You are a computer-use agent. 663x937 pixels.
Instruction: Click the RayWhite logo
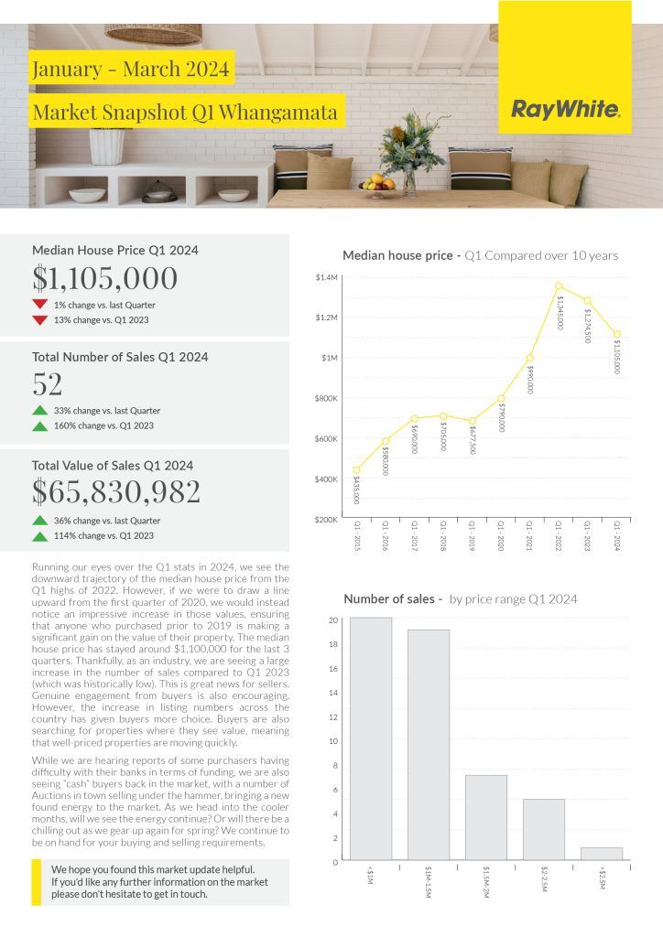pos(565,111)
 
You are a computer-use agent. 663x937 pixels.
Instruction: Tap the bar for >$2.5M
pos(601,853)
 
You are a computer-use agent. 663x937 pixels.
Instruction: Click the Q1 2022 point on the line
pos(559,285)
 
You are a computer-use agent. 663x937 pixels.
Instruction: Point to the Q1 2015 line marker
pos(356,470)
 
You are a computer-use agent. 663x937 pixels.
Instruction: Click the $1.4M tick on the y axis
pos(327,276)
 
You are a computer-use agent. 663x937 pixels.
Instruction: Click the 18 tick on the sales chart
pos(333,644)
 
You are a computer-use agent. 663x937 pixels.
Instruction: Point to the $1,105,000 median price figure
pos(104,277)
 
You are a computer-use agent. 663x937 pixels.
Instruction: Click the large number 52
pos(48,384)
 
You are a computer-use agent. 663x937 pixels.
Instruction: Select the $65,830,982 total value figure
pos(115,492)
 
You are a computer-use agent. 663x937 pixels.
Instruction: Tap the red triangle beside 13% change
pos(39,320)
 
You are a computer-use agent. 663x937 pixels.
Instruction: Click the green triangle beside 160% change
pos(39,426)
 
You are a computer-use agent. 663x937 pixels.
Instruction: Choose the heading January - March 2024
pos(130,69)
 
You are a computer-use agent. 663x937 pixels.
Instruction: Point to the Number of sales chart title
pos(392,599)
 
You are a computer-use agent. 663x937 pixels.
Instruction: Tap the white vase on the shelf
pos(106,146)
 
